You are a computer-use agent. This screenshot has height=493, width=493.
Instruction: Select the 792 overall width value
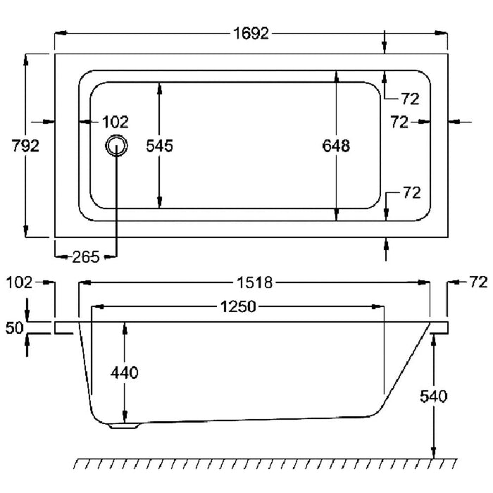(x=25, y=146)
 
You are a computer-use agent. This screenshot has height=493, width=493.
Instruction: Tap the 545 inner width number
(x=159, y=146)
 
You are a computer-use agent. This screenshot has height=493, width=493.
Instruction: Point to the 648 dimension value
(x=336, y=146)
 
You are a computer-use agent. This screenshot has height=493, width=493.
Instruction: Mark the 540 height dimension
(x=433, y=396)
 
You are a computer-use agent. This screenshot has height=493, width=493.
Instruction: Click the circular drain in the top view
(x=117, y=146)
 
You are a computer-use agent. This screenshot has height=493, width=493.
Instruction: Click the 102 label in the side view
(x=19, y=283)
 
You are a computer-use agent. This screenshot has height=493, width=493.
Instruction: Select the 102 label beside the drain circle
(x=116, y=122)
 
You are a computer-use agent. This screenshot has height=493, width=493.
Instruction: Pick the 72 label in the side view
(x=478, y=283)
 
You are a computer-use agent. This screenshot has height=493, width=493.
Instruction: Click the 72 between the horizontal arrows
(x=399, y=122)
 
